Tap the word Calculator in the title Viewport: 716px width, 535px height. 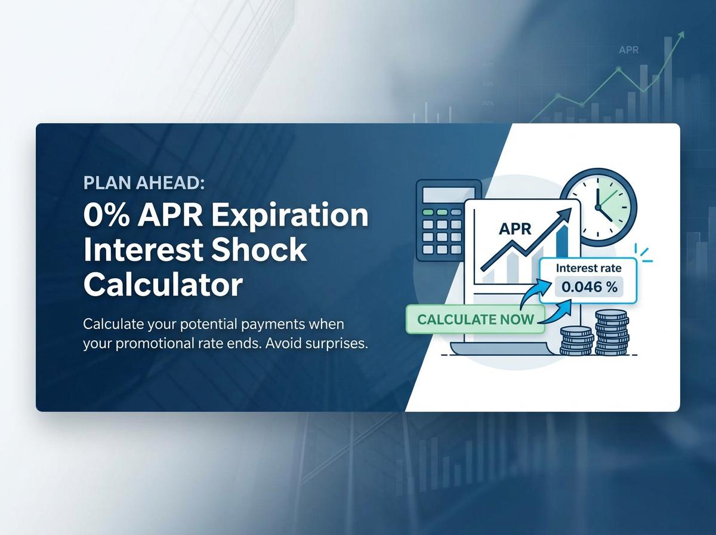tap(163, 284)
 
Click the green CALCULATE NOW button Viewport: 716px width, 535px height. tap(475, 319)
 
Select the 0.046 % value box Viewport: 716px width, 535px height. tap(590, 287)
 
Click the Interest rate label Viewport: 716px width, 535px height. tap(588, 268)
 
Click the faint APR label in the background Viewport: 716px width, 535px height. tap(629, 50)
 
